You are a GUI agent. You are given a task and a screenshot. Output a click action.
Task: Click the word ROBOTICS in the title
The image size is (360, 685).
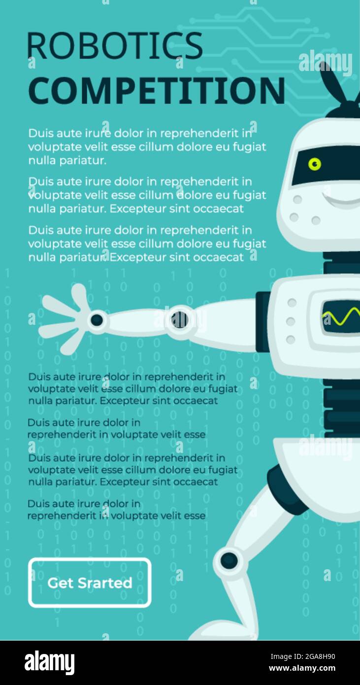tap(115, 45)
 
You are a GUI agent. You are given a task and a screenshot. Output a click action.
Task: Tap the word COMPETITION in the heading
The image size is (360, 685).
tap(157, 91)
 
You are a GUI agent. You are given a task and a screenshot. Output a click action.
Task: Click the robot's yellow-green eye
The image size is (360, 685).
tap(315, 164)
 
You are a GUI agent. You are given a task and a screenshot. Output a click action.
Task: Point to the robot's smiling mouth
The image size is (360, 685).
tap(341, 200)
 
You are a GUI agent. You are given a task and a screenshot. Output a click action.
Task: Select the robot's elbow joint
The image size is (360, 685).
tap(180, 319)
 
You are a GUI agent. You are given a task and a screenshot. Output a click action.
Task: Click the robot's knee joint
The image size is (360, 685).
tap(229, 560)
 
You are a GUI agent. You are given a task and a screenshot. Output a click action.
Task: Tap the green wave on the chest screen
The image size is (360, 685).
tap(341, 316)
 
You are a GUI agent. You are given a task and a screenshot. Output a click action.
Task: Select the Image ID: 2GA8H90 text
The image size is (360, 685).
tap(302, 656)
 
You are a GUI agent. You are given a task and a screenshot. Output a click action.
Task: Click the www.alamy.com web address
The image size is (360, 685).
tap(302, 668)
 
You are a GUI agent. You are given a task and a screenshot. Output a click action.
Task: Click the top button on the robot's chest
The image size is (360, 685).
tap(292, 303)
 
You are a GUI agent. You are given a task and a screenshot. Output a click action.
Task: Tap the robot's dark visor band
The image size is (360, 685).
tap(326, 166)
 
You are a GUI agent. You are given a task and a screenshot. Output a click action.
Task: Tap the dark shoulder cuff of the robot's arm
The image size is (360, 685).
tap(263, 322)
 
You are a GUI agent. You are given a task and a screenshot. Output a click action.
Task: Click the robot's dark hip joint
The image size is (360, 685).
tap(287, 490)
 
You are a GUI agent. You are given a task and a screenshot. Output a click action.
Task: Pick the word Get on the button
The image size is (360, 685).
tap(60, 583)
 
